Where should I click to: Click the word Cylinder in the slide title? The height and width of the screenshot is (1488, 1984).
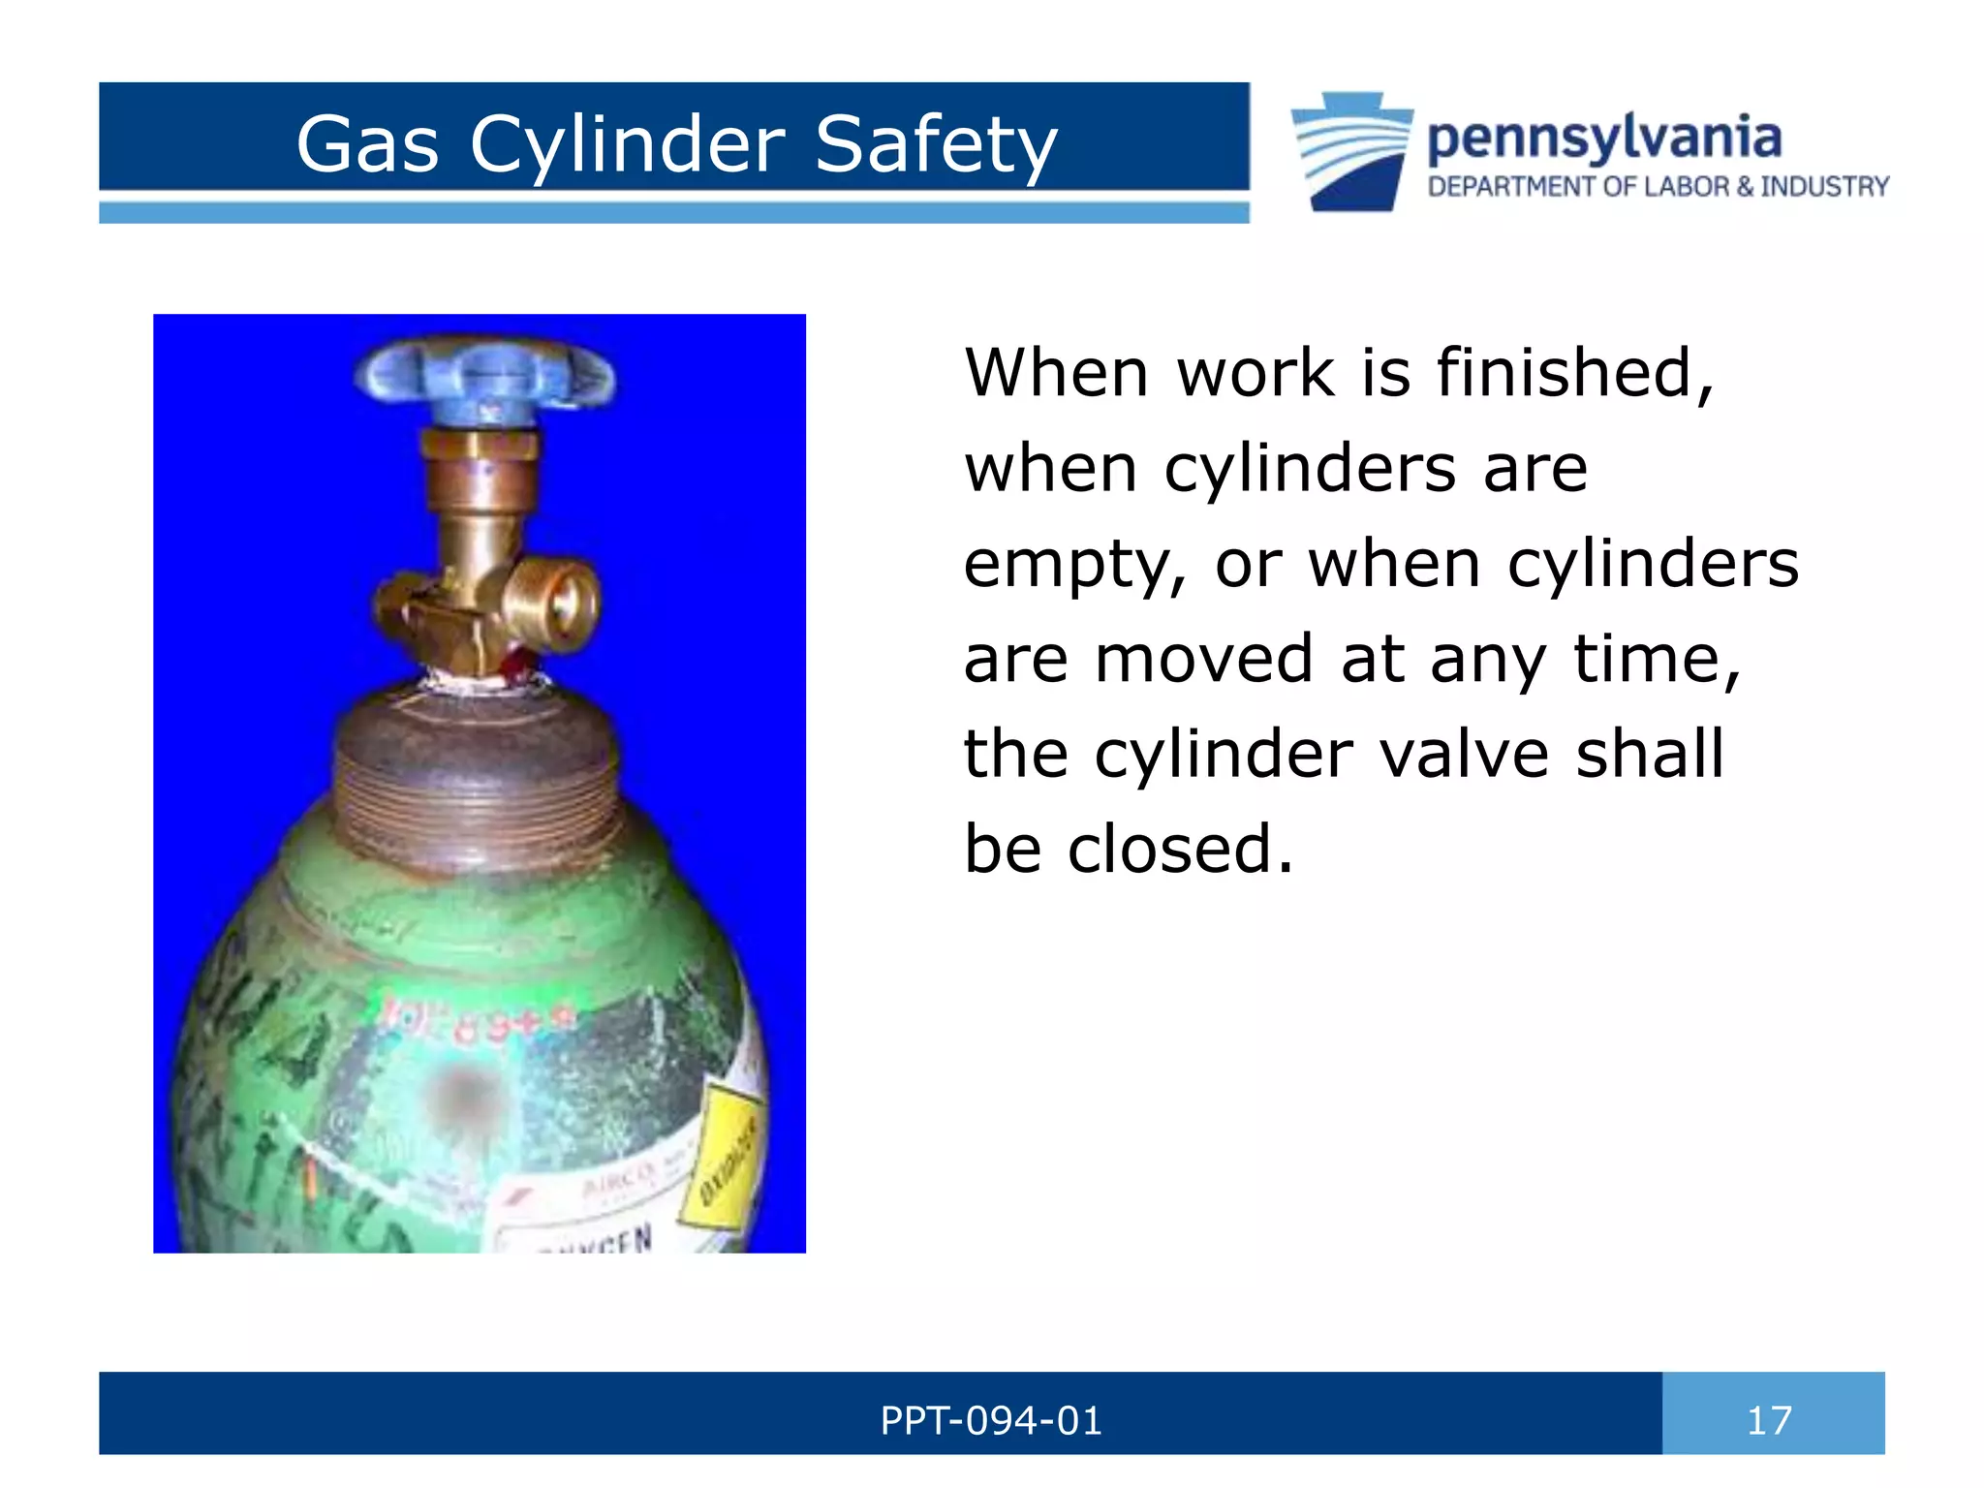point(627,145)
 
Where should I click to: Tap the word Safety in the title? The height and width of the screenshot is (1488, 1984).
point(935,145)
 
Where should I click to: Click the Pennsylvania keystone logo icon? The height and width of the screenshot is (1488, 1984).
point(1350,151)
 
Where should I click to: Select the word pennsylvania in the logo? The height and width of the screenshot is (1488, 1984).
point(1603,138)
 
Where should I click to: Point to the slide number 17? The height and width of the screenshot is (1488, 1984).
point(1769,1421)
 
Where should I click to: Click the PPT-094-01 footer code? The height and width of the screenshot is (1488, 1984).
point(990,1421)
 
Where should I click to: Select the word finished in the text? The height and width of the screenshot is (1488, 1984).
point(1574,373)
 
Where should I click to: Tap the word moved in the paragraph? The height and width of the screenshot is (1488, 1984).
point(1201,659)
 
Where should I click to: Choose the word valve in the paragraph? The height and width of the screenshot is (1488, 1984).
point(1464,754)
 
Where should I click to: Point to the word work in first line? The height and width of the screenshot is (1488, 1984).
point(1255,373)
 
